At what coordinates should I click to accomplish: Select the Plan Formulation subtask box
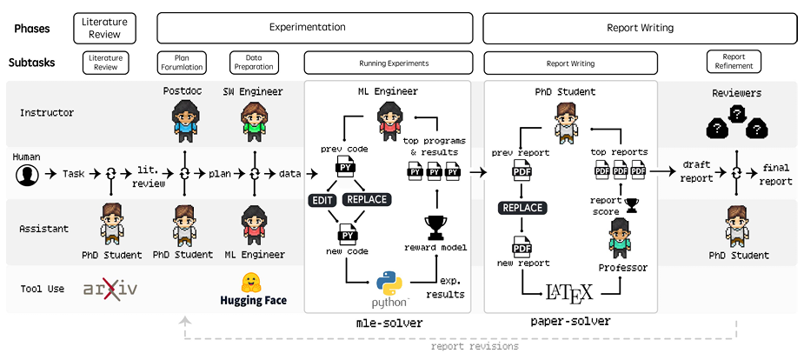[181, 62]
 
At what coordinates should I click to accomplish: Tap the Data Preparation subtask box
[254, 62]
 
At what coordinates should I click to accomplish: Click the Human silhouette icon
[27, 174]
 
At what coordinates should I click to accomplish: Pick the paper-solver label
[569, 322]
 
